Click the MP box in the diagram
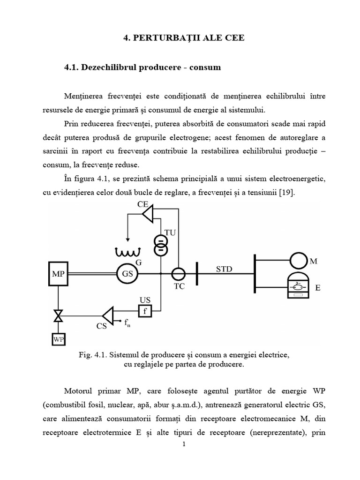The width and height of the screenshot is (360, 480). click(59, 273)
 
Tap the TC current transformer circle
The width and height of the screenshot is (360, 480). click(178, 274)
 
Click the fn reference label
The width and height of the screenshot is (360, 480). click(127, 322)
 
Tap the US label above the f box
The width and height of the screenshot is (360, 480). click(145, 299)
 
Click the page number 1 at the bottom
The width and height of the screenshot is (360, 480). click(185, 444)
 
